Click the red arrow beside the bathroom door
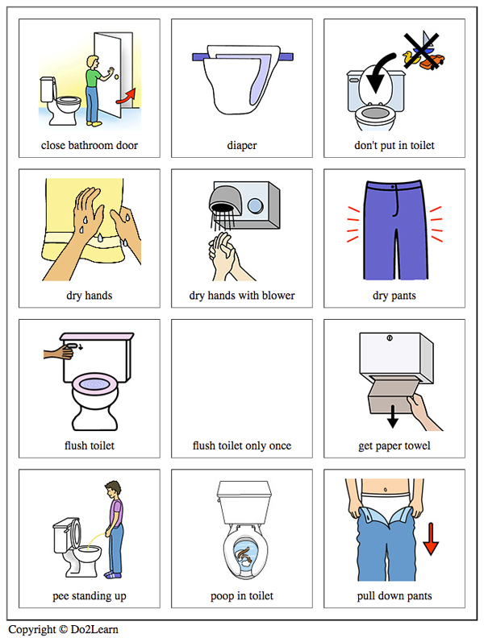point(127,97)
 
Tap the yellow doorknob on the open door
point(117,76)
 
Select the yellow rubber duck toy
point(409,57)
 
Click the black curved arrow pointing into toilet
point(378,73)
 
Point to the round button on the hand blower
point(255,205)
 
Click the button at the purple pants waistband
point(393,187)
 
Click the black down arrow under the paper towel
point(392,416)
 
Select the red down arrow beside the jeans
point(431,539)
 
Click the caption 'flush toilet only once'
point(242,445)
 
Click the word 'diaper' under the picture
point(242,145)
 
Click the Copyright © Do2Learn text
point(63,629)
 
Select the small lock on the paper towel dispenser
point(390,338)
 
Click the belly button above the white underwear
point(386,489)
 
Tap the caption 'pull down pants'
point(394,596)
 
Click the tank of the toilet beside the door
point(48,89)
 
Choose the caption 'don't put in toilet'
point(394,145)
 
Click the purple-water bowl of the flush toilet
point(95,383)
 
